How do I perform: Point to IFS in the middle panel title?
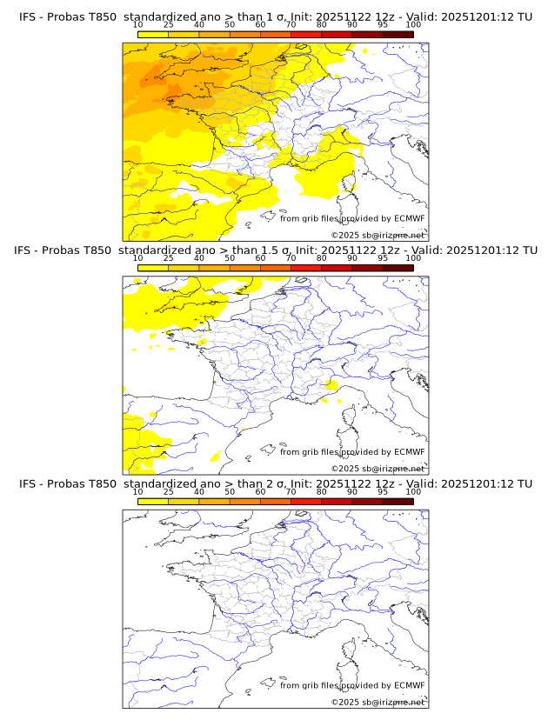pos(23,250)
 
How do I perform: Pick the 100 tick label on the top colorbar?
pos(413,24)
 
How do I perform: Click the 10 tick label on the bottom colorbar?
pos(138,492)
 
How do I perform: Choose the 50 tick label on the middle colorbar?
pos(230,258)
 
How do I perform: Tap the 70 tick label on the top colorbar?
pos(291,24)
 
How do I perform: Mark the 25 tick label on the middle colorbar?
pos(169,258)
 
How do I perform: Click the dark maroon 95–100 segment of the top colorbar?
pos(398,34)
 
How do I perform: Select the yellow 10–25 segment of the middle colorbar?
pos(153,268)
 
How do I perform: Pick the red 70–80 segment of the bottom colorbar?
pos(305,502)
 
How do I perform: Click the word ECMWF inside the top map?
pos(409,218)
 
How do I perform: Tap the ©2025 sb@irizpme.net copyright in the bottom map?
pos(378,703)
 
